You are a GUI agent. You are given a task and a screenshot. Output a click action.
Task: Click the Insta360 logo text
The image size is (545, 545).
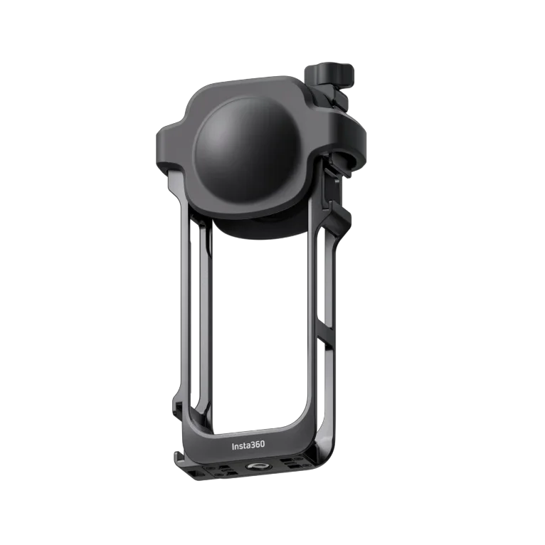coord(248,446)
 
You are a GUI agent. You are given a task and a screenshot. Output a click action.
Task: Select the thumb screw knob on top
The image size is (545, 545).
coord(322,74)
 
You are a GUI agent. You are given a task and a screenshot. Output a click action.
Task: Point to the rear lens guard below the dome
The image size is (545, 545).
coord(256,228)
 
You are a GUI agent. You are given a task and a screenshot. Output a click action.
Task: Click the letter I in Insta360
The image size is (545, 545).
coord(233,446)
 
